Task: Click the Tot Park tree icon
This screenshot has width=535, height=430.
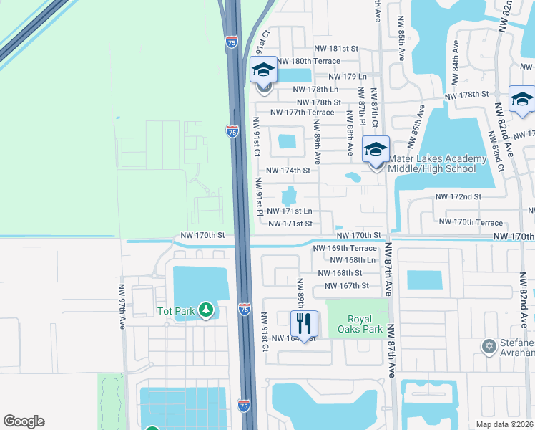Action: click(207, 310)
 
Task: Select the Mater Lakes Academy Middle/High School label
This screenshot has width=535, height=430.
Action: click(432, 163)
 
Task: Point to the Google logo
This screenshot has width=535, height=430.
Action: click(24, 421)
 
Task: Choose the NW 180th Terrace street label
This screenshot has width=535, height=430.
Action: click(308, 62)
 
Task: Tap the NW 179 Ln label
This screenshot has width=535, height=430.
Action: click(347, 76)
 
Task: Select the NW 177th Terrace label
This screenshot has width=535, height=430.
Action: click(302, 113)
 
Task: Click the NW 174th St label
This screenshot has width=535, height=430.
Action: click(288, 171)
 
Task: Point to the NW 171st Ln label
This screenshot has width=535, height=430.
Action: click(290, 211)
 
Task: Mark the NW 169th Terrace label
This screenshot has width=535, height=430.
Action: click(345, 248)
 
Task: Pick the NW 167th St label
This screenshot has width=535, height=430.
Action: click(346, 286)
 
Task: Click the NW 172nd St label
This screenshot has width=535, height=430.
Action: click(458, 196)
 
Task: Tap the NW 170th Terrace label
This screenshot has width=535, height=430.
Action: click(471, 223)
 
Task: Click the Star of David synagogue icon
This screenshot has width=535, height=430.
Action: click(489, 347)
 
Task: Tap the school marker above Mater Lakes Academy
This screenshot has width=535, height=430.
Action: click(376, 151)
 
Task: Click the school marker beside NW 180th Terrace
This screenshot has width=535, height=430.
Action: click(264, 72)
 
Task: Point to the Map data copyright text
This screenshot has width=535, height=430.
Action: click(505, 424)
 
